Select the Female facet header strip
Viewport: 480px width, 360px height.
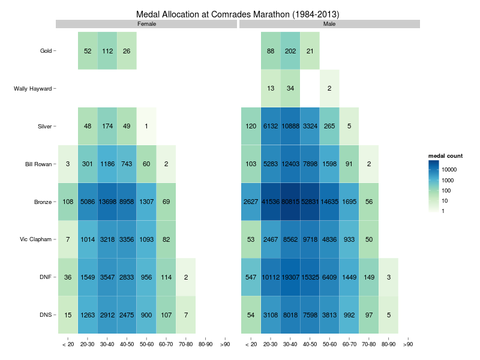tap(146, 24)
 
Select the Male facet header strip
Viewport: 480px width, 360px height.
tap(329, 24)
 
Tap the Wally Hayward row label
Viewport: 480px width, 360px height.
tap(33, 89)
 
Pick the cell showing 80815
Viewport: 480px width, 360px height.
tap(290, 202)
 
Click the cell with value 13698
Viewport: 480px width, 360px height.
tap(107, 202)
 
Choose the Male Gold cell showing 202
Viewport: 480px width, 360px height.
tap(290, 51)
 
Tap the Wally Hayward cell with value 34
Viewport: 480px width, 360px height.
tap(290, 89)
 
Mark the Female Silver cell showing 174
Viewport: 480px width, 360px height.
tap(107, 127)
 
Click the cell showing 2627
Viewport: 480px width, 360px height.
tap(251, 202)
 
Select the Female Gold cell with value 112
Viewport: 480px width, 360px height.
tap(107, 51)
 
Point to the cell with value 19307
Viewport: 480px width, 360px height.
tap(290, 277)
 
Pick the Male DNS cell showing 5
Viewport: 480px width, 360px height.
tap(388, 315)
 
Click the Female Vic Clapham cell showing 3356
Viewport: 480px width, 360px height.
tap(127, 239)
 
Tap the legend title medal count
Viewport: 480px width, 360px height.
tap(445, 156)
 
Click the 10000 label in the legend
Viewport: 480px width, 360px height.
tap(448, 170)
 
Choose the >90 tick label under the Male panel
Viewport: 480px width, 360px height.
tap(408, 345)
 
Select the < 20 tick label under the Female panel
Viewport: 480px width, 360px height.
tap(68, 345)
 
